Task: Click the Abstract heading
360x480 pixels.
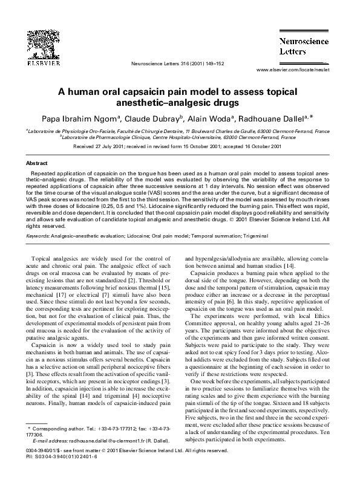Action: click(x=37, y=163)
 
